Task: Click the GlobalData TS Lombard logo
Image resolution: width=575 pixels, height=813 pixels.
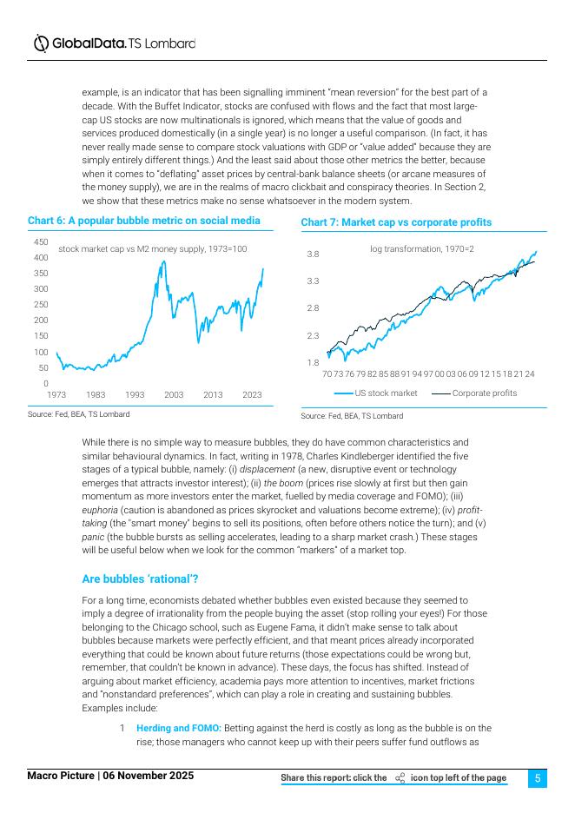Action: pyautogui.click(x=113, y=43)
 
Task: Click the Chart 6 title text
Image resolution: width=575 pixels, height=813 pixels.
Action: pyautogui.click(x=143, y=221)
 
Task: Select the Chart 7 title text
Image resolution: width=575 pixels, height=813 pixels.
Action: pyautogui.click(x=395, y=223)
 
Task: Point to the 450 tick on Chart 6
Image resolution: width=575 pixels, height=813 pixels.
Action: pyautogui.click(x=41, y=241)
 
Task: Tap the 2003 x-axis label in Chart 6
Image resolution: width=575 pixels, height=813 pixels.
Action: pyautogui.click(x=174, y=395)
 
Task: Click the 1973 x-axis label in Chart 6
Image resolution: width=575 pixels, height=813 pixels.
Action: pyautogui.click(x=56, y=395)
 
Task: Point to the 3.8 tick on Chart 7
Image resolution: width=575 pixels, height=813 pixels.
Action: pyautogui.click(x=313, y=254)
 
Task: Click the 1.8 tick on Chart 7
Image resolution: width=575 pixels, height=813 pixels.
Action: pyautogui.click(x=313, y=362)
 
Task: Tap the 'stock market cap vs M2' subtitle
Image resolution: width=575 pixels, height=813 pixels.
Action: pyautogui.click(x=153, y=249)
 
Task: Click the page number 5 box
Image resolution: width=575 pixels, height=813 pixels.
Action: pyautogui.click(x=537, y=778)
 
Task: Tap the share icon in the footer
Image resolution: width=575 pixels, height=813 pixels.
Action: pyautogui.click(x=400, y=778)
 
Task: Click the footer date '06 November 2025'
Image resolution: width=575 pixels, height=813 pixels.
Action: pyautogui.click(x=149, y=775)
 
